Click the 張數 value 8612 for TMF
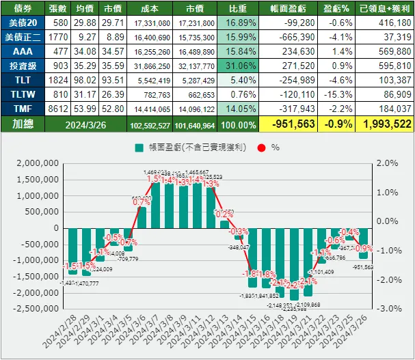(x=58, y=109)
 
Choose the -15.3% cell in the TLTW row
(x=338, y=94)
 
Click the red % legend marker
(x=260, y=147)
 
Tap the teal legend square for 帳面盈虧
(x=139, y=147)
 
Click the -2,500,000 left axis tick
(x=38, y=308)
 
